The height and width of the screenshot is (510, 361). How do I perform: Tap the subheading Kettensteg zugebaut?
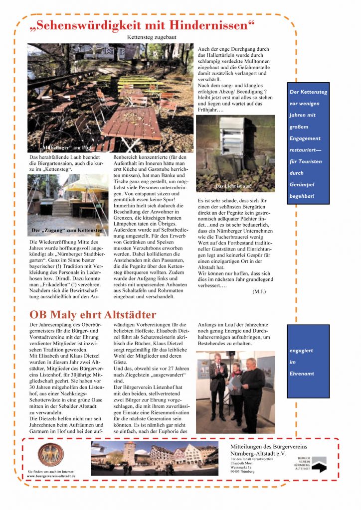coord(152,37)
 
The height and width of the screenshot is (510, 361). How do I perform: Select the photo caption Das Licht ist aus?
coord(233,187)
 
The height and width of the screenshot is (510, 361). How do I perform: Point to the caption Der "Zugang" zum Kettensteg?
coord(67,231)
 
